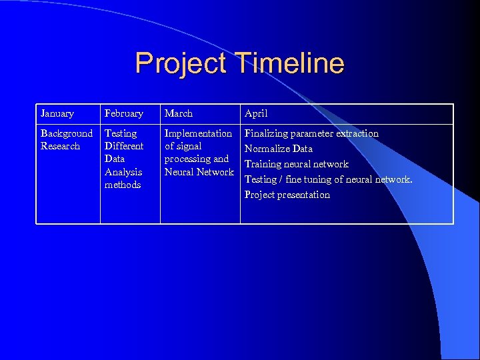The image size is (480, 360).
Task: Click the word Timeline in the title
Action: click(x=289, y=63)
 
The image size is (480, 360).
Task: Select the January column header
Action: click(x=57, y=113)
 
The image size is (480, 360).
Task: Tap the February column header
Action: click(x=124, y=113)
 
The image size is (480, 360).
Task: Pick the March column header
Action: click(x=179, y=113)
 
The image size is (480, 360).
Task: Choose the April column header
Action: click(x=256, y=113)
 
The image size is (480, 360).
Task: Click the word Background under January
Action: click(x=67, y=133)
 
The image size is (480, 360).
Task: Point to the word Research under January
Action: click(x=61, y=146)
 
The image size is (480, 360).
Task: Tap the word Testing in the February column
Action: click(x=121, y=133)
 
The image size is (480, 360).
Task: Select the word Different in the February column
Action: click(x=124, y=146)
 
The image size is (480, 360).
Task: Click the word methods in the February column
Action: click(x=123, y=185)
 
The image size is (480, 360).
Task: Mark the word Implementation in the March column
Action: click(x=198, y=133)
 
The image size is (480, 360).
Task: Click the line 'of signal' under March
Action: click(x=183, y=146)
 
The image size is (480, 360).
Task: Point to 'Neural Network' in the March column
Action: click(x=199, y=172)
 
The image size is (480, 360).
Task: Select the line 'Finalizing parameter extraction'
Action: click(x=311, y=133)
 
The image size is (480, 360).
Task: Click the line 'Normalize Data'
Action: click(x=279, y=149)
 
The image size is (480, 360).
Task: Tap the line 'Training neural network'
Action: click(x=297, y=164)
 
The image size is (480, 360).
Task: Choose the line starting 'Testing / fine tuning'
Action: click(x=329, y=179)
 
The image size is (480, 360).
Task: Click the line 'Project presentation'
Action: click(x=287, y=195)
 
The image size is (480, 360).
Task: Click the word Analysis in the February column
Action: click(x=123, y=172)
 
